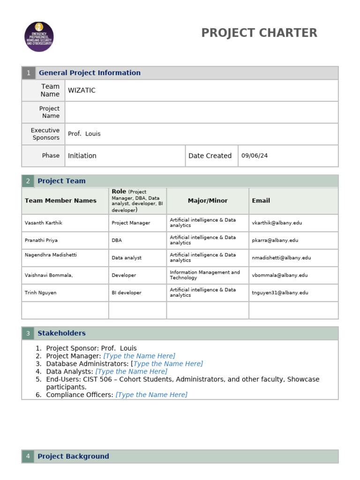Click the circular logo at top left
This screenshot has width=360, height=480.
(x=39, y=37)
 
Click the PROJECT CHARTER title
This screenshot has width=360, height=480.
(x=259, y=33)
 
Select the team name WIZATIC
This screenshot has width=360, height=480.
(x=82, y=90)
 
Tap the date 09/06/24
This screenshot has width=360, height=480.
(x=255, y=156)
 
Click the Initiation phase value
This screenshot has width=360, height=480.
(x=82, y=156)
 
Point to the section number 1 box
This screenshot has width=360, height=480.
(x=28, y=73)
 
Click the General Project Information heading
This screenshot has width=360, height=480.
(x=90, y=73)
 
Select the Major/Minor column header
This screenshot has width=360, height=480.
(x=208, y=201)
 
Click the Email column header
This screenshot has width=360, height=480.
(x=261, y=201)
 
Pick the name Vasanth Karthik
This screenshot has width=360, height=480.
(x=43, y=223)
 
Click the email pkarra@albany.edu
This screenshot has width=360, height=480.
(x=275, y=240)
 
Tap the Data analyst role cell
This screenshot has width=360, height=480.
(x=127, y=258)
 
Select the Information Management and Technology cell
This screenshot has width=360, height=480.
(x=205, y=275)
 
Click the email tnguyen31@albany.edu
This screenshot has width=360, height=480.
(x=280, y=292)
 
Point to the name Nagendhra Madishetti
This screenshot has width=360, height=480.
(x=51, y=255)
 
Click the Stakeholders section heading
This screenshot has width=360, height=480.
(x=61, y=333)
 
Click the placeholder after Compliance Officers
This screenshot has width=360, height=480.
(x=151, y=395)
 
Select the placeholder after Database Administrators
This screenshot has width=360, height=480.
(x=168, y=364)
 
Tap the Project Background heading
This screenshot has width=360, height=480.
(x=73, y=456)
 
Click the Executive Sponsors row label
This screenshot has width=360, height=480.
(x=45, y=134)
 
